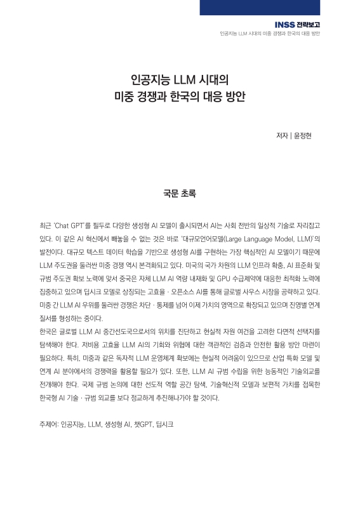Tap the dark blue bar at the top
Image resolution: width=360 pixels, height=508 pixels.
(x=279, y=7)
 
